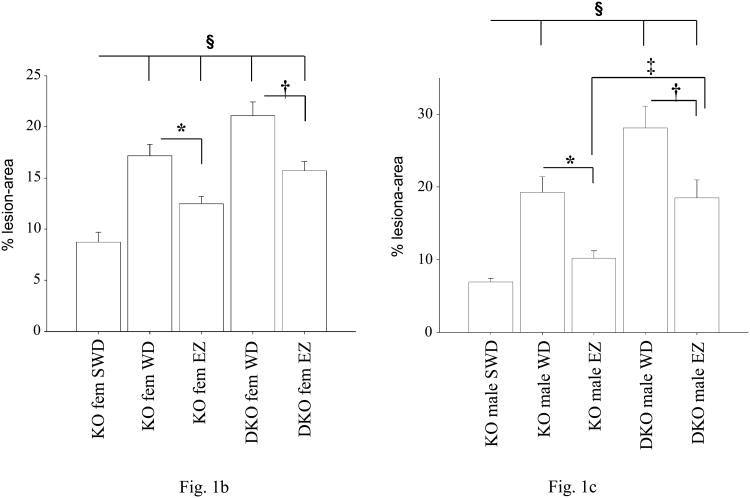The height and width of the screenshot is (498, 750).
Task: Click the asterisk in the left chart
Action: tap(181, 129)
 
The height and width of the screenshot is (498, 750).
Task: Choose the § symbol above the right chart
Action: tap(598, 10)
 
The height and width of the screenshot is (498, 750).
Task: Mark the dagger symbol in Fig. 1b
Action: tap(286, 88)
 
